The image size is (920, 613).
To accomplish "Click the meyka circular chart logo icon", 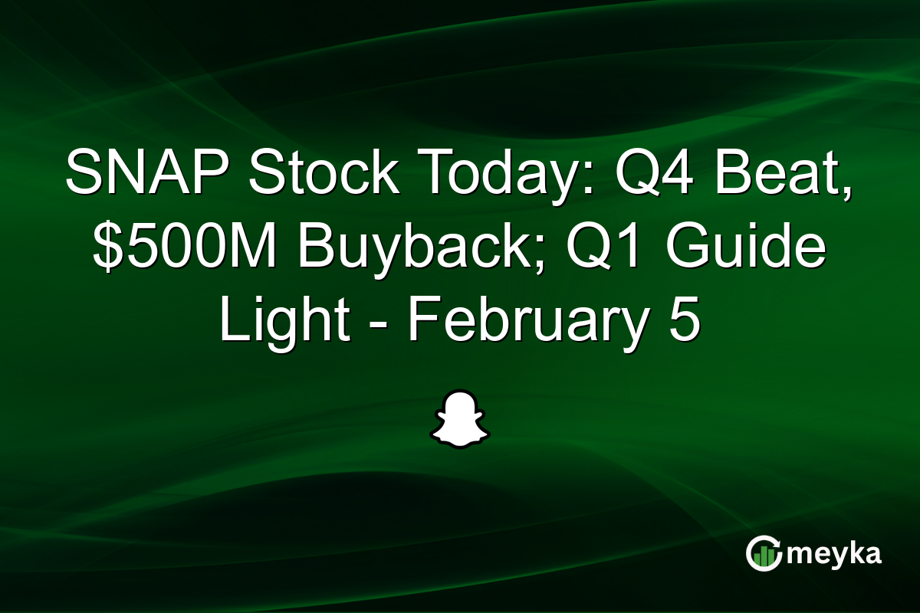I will click(764, 554).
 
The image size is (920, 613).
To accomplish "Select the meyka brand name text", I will click(833, 554).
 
